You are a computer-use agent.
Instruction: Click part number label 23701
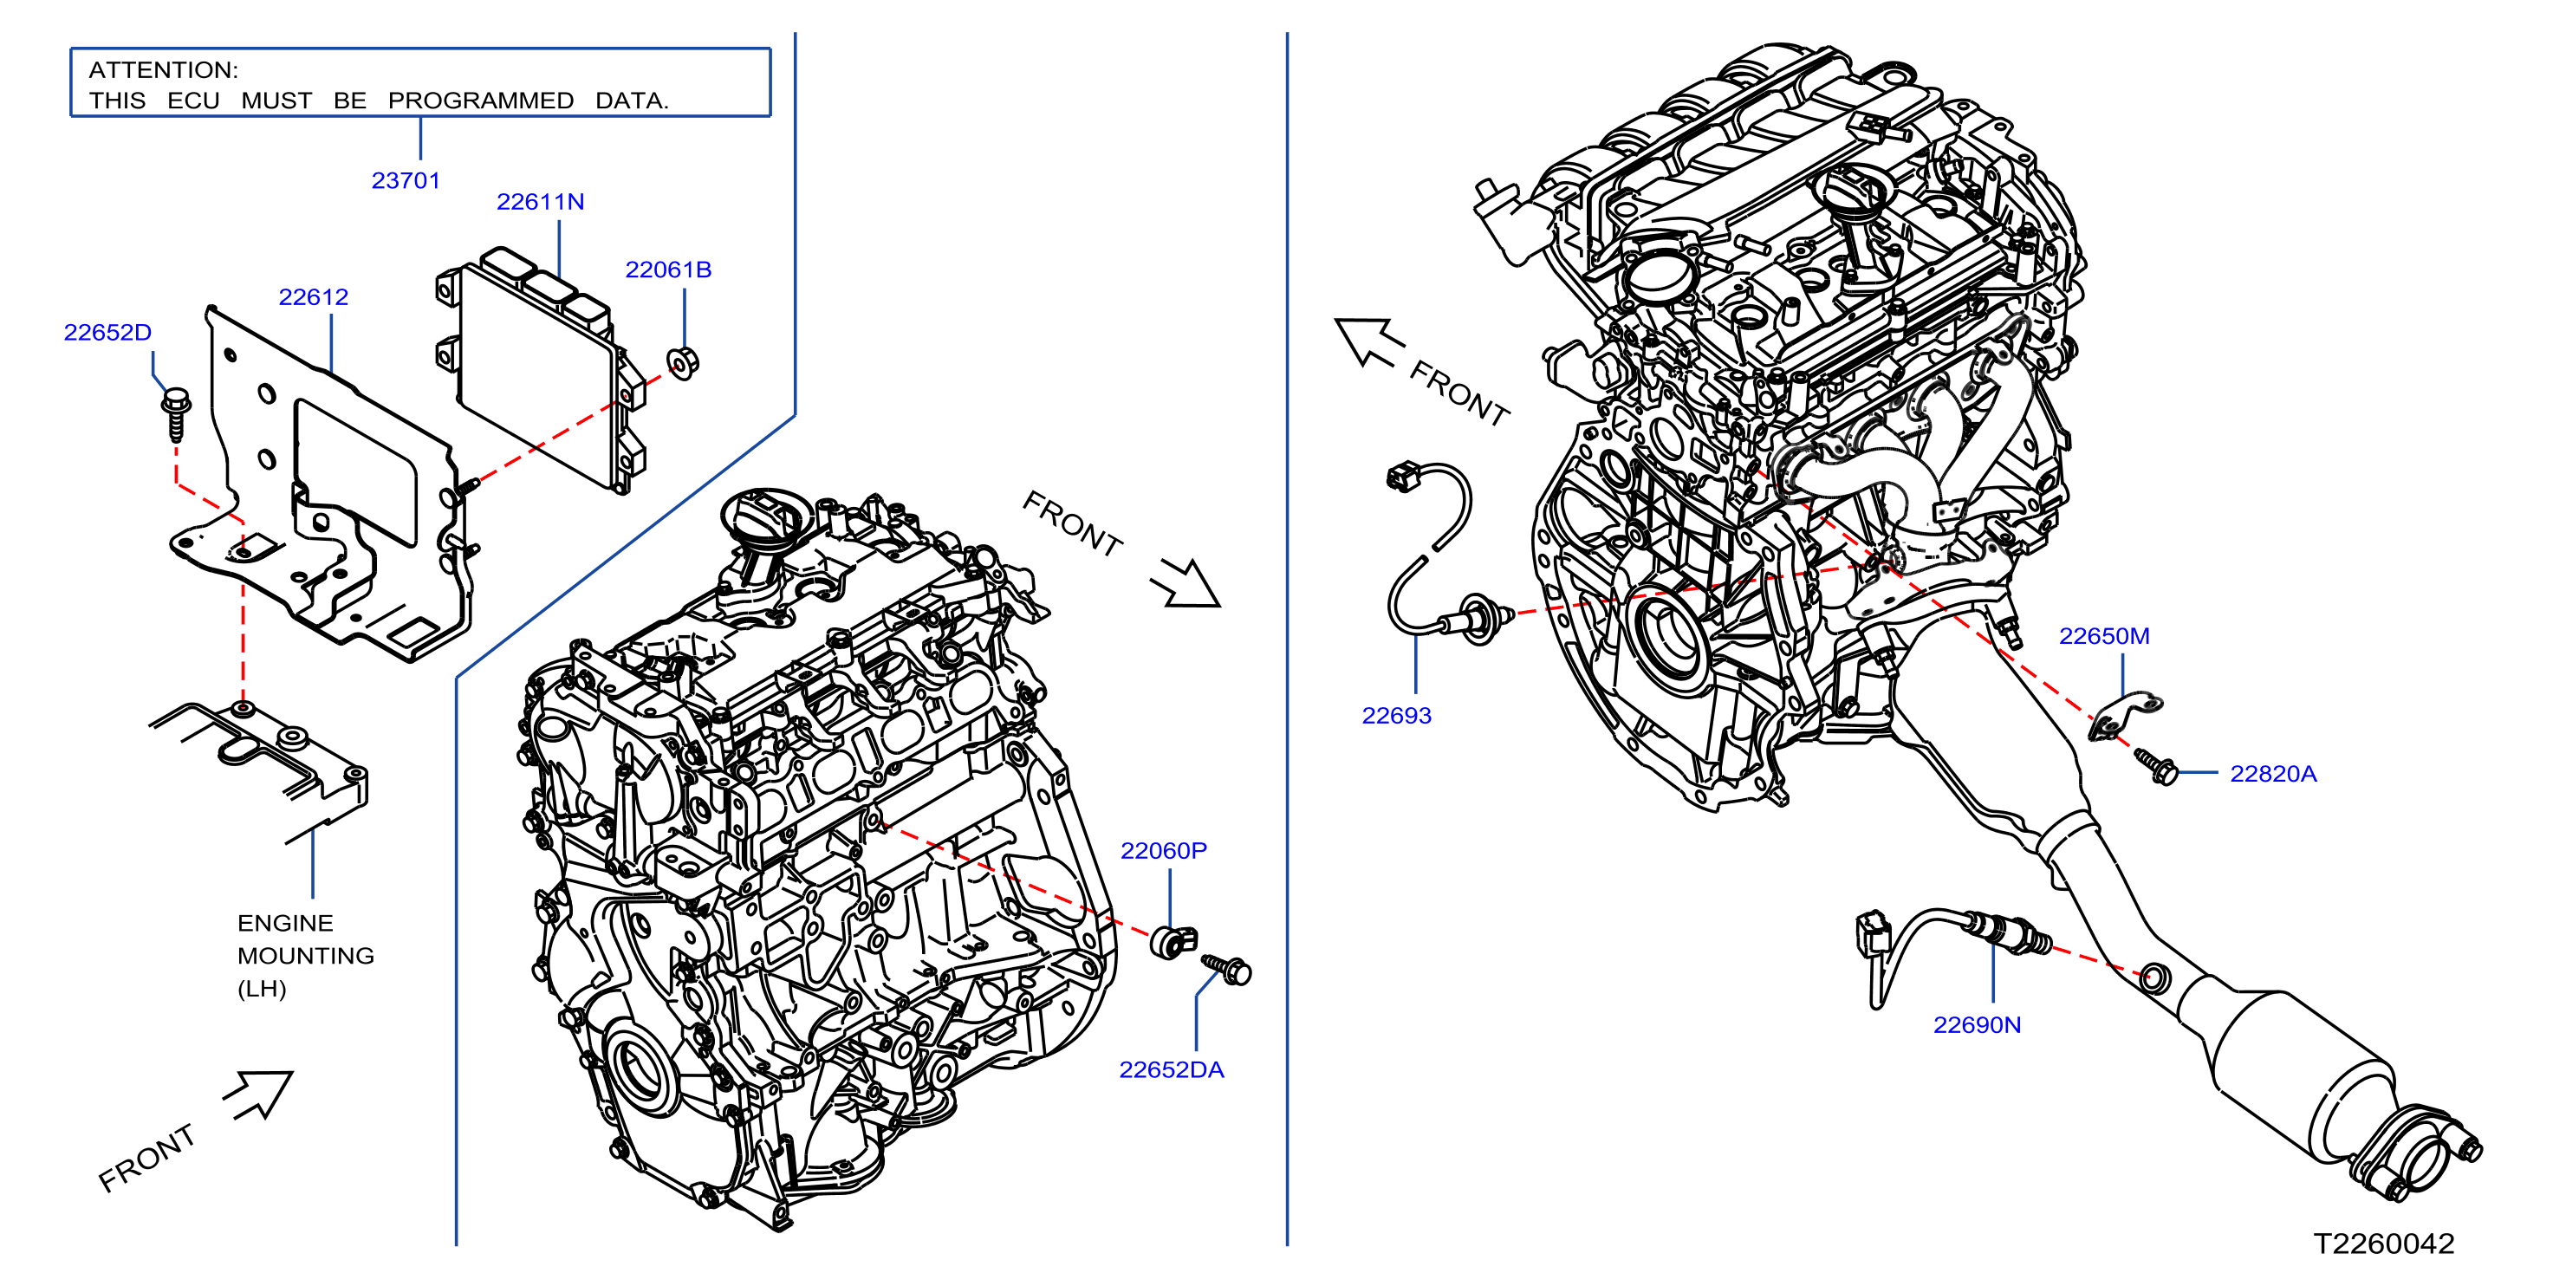tap(406, 180)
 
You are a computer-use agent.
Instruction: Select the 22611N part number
tap(540, 202)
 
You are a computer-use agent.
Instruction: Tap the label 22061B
tap(668, 270)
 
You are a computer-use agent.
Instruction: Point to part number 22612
tap(313, 297)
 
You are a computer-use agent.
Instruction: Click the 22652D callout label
tap(107, 333)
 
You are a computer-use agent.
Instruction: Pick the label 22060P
tap(1164, 851)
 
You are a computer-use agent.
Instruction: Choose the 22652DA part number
tap(1172, 1070)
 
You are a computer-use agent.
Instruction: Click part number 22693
tap(1396, 715)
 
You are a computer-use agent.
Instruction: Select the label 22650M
tap(2104, 636)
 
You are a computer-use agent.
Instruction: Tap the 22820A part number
tap(2273, 774)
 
